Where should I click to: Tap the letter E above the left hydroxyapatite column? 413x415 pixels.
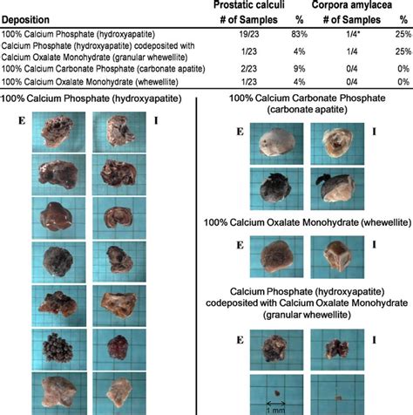click(11, 119)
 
